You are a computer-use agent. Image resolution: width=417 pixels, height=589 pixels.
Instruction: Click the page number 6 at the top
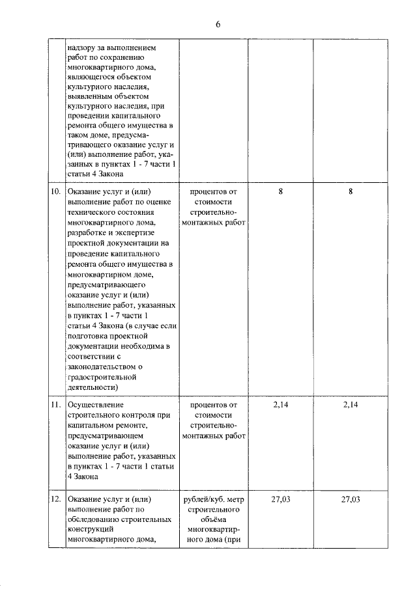(x=218, y=24)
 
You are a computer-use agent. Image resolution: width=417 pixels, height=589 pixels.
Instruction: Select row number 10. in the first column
(x=55, y=192)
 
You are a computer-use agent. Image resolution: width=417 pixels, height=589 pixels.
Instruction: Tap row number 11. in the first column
(x=55, y=404)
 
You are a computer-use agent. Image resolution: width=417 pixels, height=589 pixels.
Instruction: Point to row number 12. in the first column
(x=55, y=499)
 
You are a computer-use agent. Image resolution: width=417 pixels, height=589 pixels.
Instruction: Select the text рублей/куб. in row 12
(x=200, y=499)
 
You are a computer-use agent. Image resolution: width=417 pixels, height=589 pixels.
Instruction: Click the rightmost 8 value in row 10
(x=350, y=192)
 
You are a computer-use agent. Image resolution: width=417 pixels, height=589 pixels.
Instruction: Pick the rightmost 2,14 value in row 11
(x=350, y=404)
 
